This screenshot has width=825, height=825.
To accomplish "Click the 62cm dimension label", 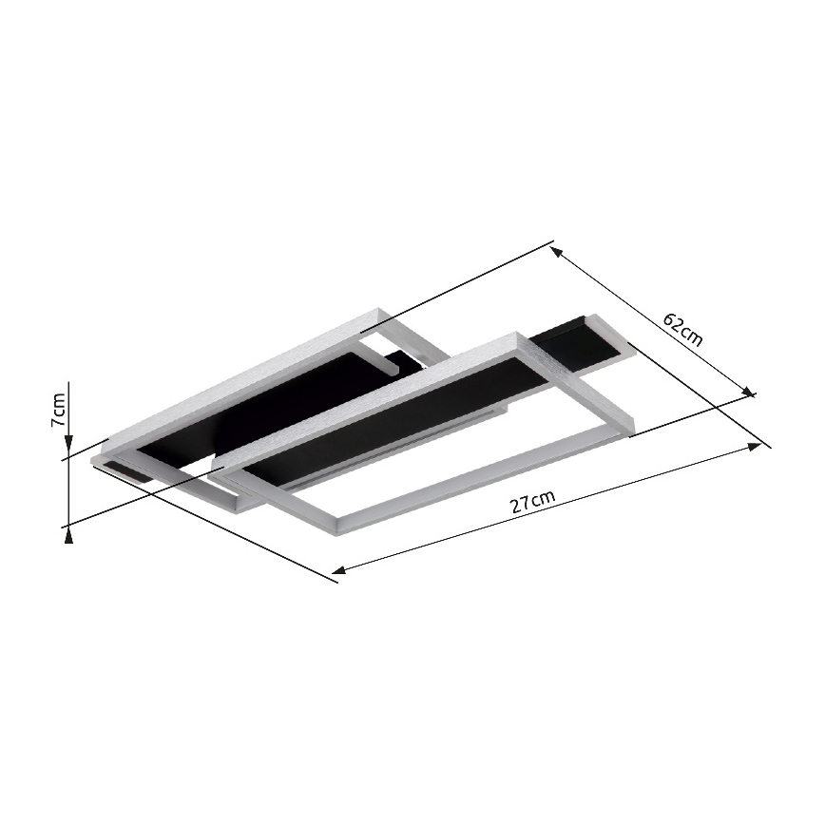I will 682,329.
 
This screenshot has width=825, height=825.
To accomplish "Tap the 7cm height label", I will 58,410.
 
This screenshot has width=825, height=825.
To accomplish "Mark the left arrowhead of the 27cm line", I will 338,570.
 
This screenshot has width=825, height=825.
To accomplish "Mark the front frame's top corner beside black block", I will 519,336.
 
